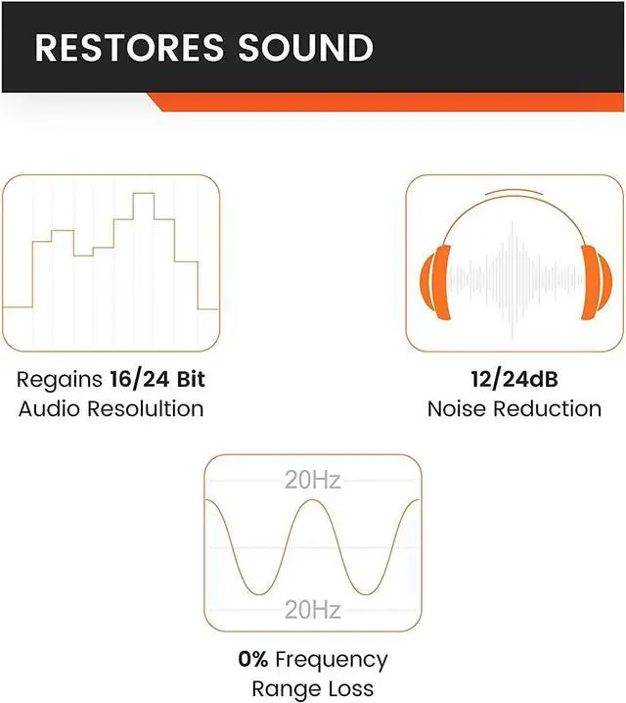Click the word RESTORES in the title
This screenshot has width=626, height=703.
129,47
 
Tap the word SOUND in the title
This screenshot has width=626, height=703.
305,47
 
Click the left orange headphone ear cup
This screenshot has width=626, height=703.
435,282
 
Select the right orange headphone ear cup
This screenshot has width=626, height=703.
596,282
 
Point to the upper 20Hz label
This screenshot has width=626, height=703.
313,480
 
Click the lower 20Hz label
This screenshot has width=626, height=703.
313,610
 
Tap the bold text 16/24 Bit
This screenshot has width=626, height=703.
157,379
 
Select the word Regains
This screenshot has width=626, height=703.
60,381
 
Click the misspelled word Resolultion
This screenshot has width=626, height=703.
145,409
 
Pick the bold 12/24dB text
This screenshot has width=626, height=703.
514,379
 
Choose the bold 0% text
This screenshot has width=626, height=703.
253,659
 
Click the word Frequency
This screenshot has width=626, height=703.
332,661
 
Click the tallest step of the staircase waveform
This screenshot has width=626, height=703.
144,193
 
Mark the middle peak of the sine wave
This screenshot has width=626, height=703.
313,500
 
